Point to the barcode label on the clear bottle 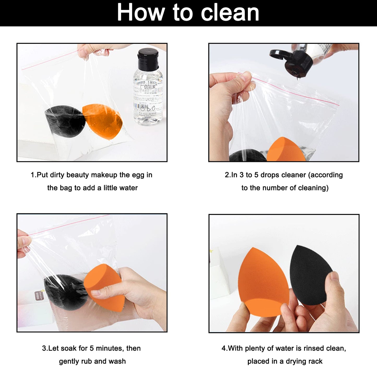pos(144,107)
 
